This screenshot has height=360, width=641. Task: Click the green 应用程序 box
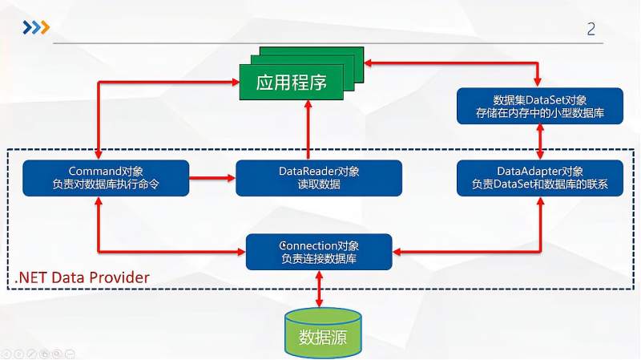point(292,82)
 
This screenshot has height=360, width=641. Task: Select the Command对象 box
point(106,178)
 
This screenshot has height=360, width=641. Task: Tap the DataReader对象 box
point(319,178)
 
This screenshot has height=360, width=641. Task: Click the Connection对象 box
point(319,251)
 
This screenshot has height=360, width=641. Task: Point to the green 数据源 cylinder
point(323,332)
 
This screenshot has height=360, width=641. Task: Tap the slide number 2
point(591,30)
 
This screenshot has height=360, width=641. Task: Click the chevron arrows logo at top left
point(35,28)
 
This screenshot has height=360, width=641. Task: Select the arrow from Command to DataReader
point(212,178)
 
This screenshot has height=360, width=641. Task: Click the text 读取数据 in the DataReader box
point(319,185)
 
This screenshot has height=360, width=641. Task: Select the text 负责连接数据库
point(319,259)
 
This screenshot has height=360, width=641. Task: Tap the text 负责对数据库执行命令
point(106,185)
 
